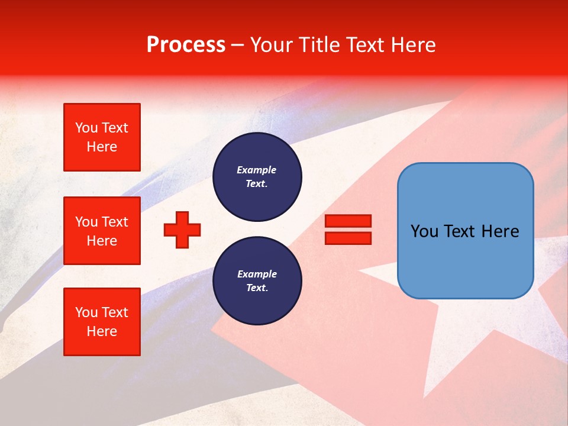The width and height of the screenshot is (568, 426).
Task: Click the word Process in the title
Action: pos(186,45)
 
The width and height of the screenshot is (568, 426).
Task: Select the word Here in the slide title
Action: pos(412,45)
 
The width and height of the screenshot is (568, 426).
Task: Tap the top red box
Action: pos(102,137)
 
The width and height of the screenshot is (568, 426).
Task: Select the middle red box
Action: pos(102,231)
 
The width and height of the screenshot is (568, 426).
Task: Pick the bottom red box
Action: pos(102,322)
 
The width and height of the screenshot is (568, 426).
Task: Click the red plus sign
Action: pos(182,230)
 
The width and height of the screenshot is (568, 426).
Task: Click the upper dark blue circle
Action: pos(257,177)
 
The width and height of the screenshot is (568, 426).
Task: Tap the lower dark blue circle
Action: pos(257,281)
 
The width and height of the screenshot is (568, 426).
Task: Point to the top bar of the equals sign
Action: pos(348,221)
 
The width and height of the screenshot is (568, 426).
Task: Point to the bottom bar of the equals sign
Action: pos(348,238)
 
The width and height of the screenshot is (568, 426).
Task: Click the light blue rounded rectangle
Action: pos(465,260)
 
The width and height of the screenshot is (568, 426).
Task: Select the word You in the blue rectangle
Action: pos(424,231)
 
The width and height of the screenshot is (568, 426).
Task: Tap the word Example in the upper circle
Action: pos(257,170)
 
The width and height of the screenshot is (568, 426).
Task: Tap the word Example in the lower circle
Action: pos(257,274)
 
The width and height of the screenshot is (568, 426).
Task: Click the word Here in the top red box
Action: pos(102,147)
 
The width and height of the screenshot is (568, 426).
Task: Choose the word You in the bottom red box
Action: pos(86,312)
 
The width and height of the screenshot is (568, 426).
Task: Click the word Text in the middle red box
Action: pos(115,222)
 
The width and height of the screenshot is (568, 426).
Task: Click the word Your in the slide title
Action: pos(272,45)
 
